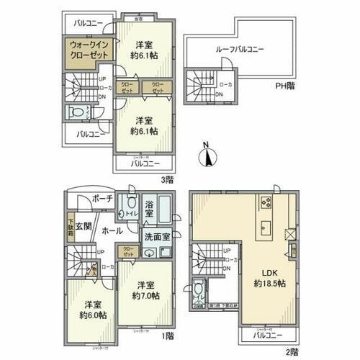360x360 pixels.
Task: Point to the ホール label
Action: [111, 232]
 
